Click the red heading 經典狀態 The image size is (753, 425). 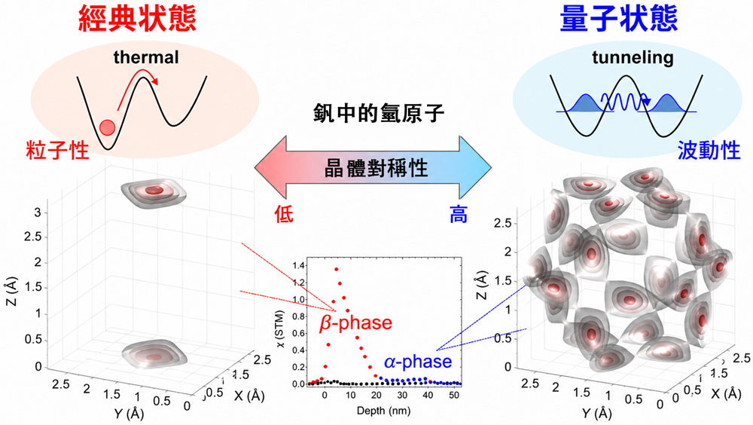click(137, 19)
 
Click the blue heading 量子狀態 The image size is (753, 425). click(618, 19)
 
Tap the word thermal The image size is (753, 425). click(146, 57)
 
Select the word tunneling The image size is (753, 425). click(633, 58)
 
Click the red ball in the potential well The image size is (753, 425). click(107, 127)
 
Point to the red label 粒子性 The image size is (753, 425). click(58, 151)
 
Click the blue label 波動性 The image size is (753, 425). click(709, 151)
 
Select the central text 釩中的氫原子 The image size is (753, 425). click(379, 114)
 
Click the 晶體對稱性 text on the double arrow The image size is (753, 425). click(376, 168)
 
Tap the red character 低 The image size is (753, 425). click(284, 214)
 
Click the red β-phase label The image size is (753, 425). click(356, 323)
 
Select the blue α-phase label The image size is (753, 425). click(418, 362)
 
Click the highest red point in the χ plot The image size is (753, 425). click(336, 269)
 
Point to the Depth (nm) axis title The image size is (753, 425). click(383, 411)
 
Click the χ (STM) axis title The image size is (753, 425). click(281, 328)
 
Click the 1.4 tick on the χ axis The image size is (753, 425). click(299, 265)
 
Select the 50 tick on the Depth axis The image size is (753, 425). click(454, 395)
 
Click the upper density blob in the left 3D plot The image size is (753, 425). click(153, 192)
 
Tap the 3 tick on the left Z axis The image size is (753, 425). click(38, 212)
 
